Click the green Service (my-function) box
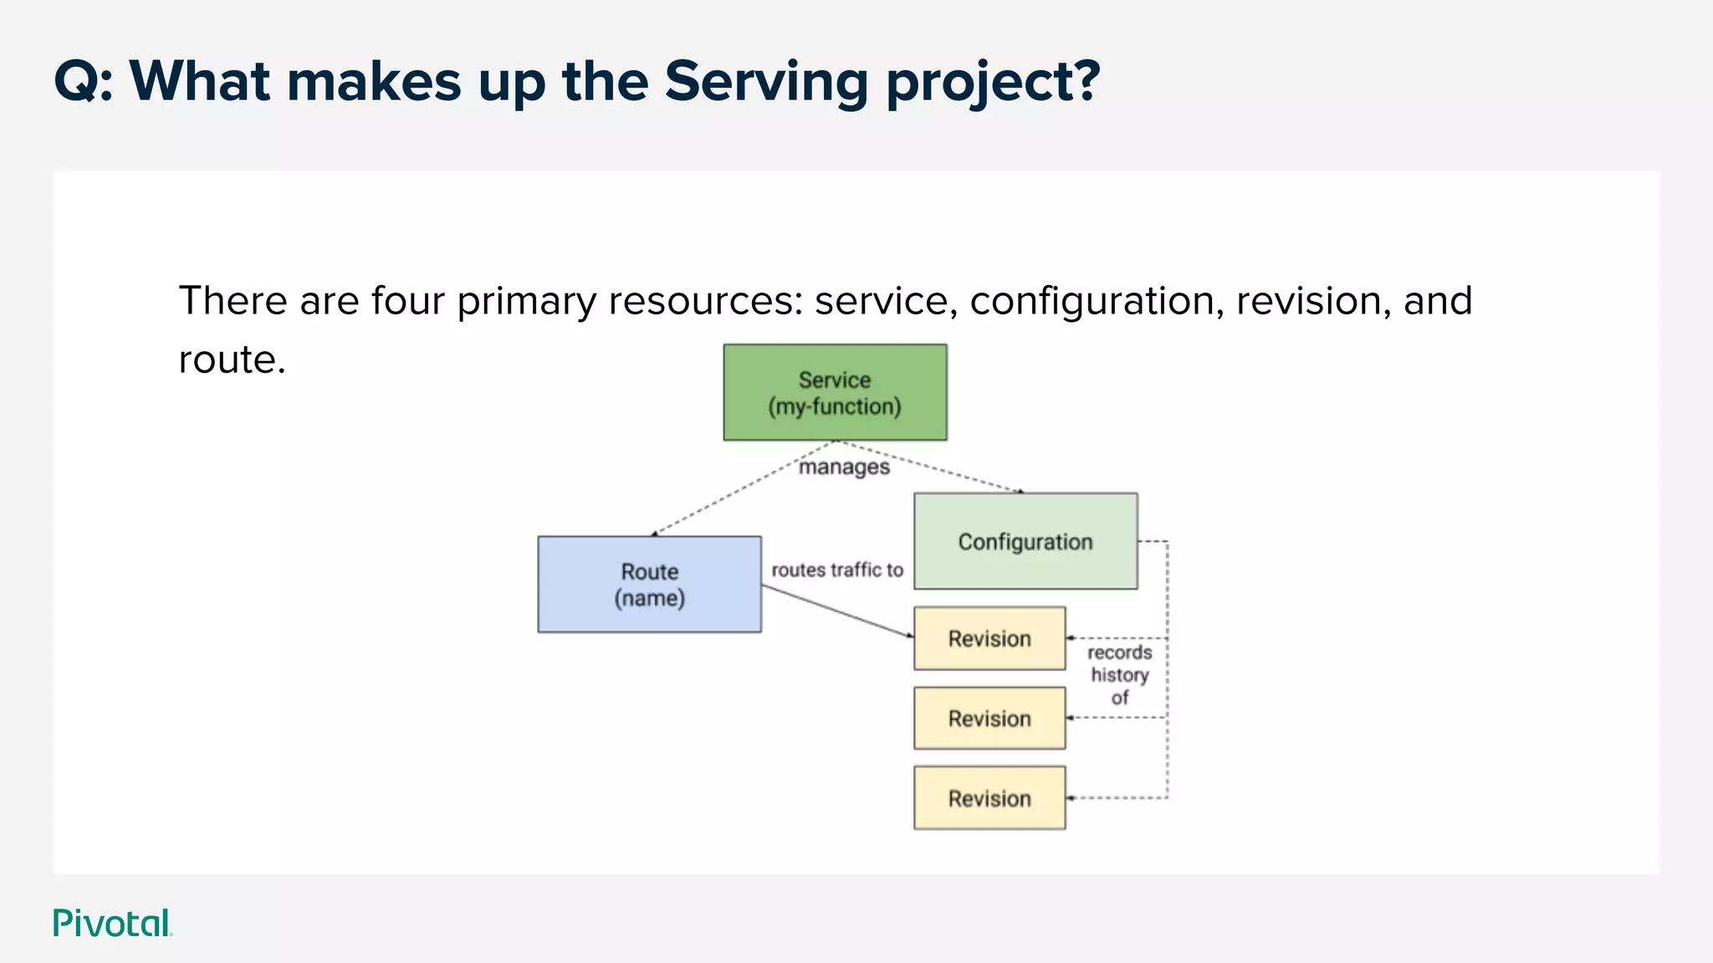point(835,392)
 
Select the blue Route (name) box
point(649,584)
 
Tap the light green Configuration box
point(1025,542)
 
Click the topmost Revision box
point(989,639)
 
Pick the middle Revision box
point(989,718)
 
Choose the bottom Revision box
point(989,798)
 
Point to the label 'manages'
point(844,467)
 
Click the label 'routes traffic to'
point(837,570)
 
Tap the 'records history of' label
point(1119,675)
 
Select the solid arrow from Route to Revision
point(836,610)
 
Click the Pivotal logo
point(112,923)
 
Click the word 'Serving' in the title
point(766,82)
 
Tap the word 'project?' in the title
point(993,82)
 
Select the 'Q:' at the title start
point(83,82)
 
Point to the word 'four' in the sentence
point(407,301)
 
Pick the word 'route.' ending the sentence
point(232,360)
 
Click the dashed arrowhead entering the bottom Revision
point(1071,798)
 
